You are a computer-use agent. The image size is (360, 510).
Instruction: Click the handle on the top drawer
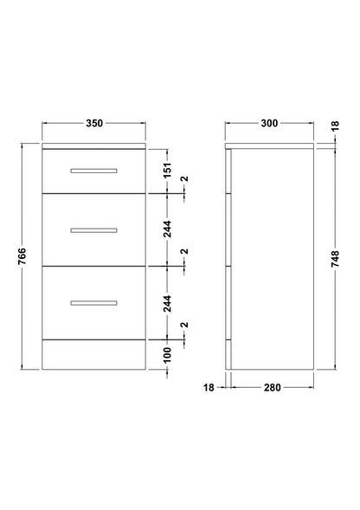coord(94,170)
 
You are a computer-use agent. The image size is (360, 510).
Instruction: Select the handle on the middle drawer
coord(94,229)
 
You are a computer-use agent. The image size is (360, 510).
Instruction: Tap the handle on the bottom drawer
coord(94,301)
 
